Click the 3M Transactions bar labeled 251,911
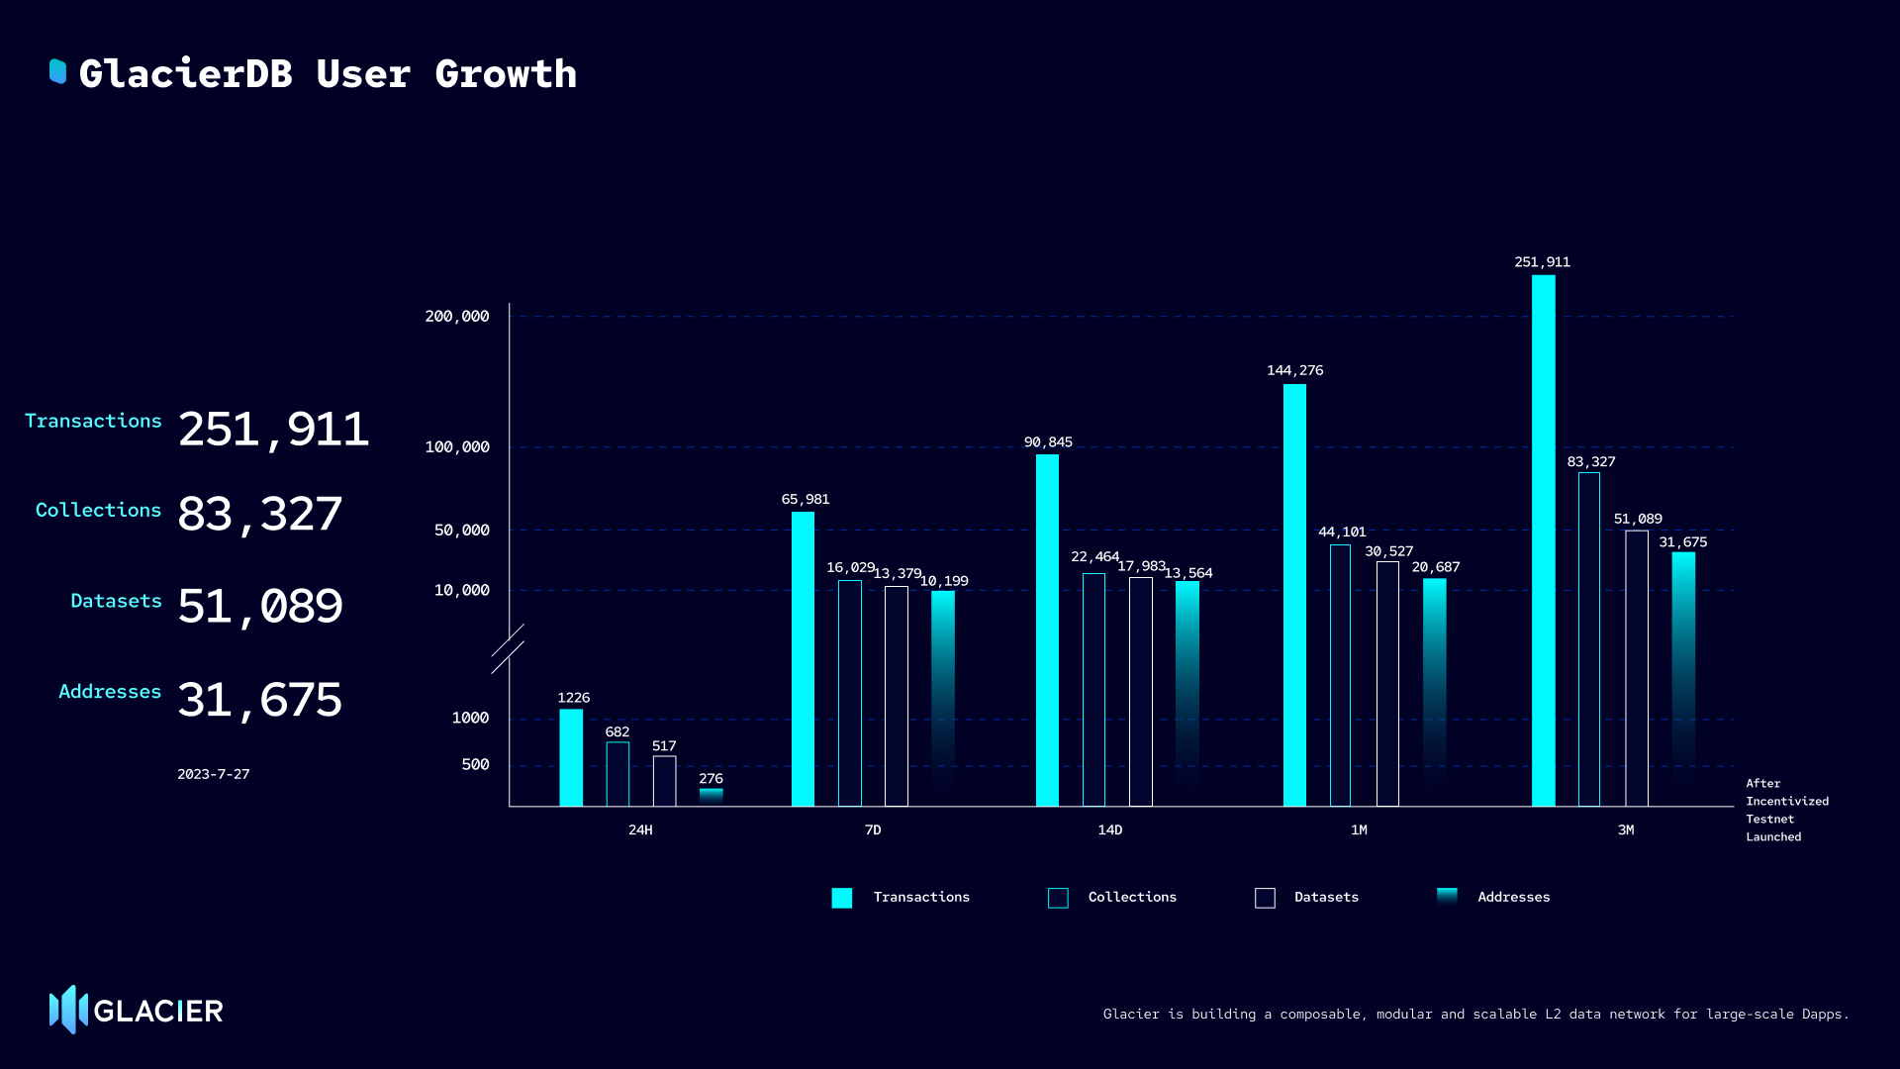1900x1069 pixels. click(1543, 539)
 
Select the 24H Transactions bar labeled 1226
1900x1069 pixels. click(571, 757)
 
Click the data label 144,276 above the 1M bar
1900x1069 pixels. click(1294, 370)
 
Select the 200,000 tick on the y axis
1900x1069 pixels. click(457, 317)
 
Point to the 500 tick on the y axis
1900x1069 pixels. click(475, 764)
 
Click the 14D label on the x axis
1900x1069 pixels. click(1109, 829)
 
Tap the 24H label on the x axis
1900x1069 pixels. click(640, 829)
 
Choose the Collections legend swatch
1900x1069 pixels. click(1058, 898)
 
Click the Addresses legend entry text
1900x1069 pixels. click(1513, 897)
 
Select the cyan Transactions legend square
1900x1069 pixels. click(841, 898)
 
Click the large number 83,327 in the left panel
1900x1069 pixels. click(259, 515)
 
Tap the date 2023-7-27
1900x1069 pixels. click(213, 774)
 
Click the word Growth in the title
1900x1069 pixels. click(505, 74)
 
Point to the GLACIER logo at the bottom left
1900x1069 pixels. click(136, 1010)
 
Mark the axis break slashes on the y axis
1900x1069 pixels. click(508, 648)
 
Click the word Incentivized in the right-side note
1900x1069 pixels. click(1786, 801)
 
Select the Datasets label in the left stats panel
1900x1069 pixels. click(116, 601)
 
